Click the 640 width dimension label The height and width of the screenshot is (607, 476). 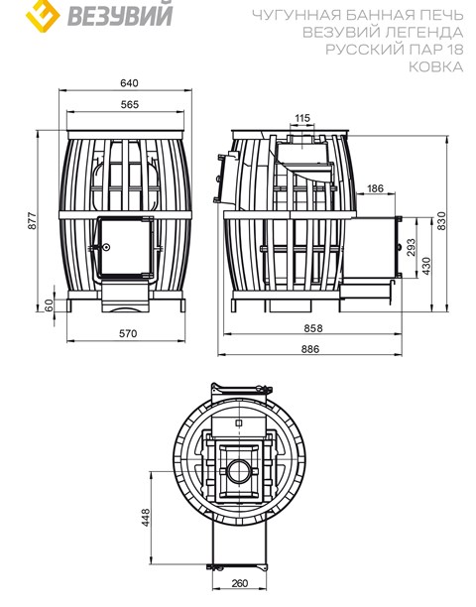pyautogui.click(x=129, y=83)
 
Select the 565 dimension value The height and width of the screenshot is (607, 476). pyautogui.click(x=129, y=104)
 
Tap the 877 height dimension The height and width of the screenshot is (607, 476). pyautogui.click(x=32, y=220)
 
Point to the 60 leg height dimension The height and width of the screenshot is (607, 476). pyautogui.click(x=48, y=305)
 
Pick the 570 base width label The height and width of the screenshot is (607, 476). pyautogui.click(x=128, y=333)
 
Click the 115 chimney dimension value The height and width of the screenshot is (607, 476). pyautogui.click(x=302, y=118)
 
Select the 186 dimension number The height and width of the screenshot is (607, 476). pyautogui.click(x=375, y=188)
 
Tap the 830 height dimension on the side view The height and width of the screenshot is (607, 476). pyautogui.click(x=441, y=220)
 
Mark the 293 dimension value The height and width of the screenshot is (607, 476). pyautogui.click(x=411, y=247)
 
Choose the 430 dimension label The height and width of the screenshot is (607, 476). pyautogui.click(x=426, y=266)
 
